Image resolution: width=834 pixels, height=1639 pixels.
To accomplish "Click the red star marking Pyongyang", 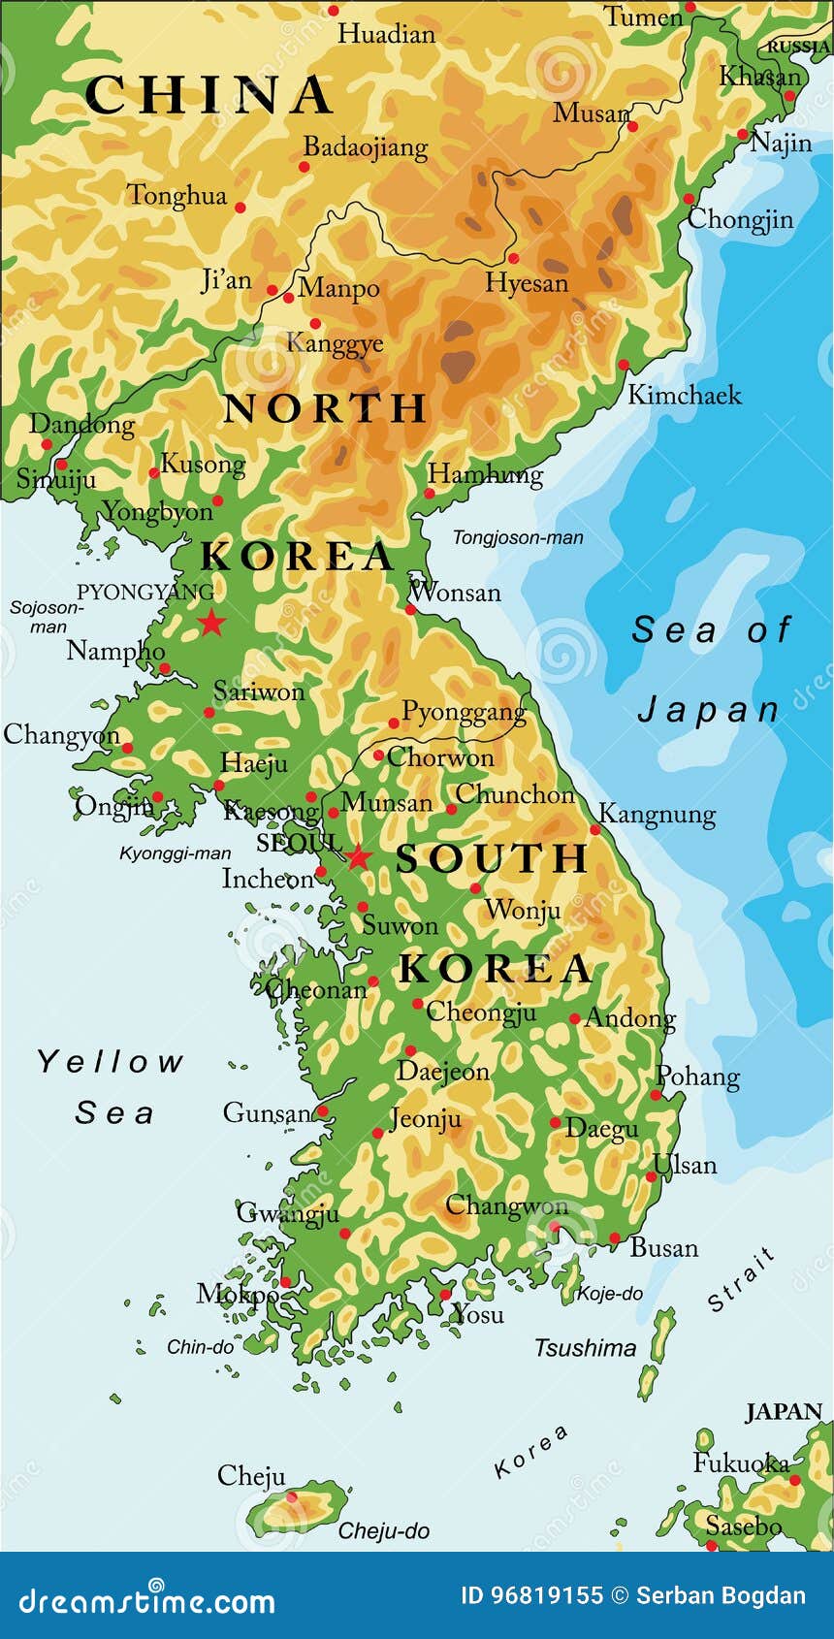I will click(211, 623).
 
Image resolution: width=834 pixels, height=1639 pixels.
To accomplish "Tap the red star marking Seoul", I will click(359, 857).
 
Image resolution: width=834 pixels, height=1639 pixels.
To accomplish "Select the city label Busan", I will click(664, 1247).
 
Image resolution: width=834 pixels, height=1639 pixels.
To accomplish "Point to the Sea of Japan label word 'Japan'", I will click(709, 711).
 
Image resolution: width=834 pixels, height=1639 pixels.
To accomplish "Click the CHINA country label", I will click(208, 95).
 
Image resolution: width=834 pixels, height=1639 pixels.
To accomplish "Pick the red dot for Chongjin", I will click(689, 199).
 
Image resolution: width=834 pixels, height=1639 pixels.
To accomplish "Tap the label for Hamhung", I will click(485, 474).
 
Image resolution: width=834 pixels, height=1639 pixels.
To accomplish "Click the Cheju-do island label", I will click(383, 1531).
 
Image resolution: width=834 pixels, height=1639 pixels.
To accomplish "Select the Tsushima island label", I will click(585, 1347).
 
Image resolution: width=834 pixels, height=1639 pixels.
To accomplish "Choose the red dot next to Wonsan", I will click(410, 610).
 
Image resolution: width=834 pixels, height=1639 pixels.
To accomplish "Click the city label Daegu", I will click(601, 1128).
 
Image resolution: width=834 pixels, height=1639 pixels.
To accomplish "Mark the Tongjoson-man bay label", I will click(518, 537).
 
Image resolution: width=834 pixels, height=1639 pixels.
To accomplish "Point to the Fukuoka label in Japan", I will click(740, 1462).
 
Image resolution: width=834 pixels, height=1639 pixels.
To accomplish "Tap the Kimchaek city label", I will click(684, 395).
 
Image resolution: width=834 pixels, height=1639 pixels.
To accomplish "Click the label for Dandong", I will click(82, 424).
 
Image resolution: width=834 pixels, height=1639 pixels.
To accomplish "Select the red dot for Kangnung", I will click(595, 830).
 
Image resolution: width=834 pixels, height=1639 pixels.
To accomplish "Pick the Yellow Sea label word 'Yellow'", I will click(110, 1062).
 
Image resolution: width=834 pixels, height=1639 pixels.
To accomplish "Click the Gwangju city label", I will click(288, 1212).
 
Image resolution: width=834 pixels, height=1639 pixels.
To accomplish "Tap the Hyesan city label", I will click(527, 283).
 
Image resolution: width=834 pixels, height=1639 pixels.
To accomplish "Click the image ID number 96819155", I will click(547, 1595).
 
